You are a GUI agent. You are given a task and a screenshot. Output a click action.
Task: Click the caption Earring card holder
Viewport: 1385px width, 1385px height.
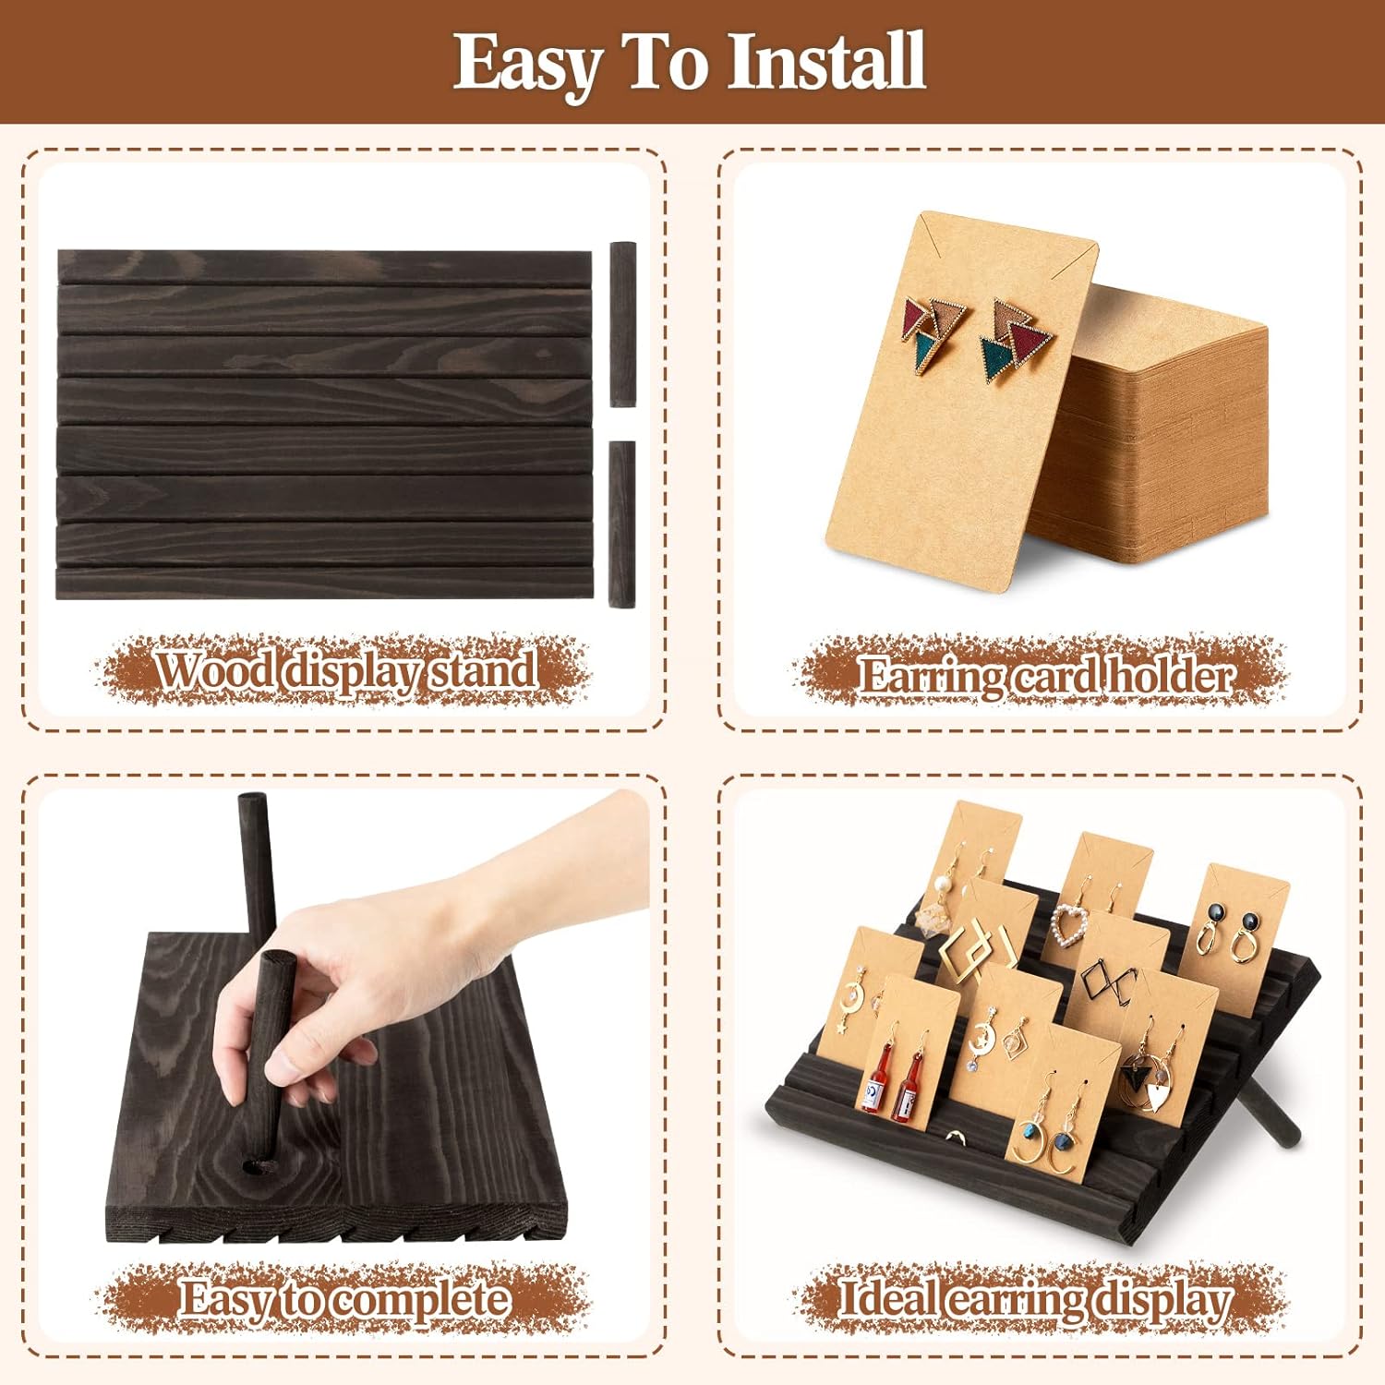point(1045,675)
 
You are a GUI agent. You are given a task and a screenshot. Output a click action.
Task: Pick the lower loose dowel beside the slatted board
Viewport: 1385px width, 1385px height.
point(622,523)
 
